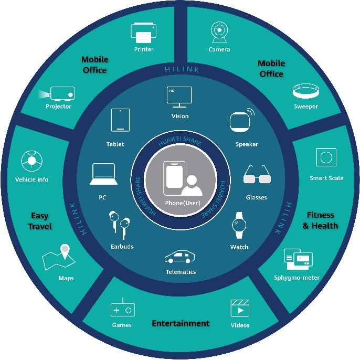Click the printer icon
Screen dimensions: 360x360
click(x=143, y=33)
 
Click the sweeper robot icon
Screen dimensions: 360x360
click(x=305, y=92)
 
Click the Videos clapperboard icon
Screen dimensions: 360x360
click(x=240, y=308)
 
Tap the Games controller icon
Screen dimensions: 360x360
click(x=122, y=310)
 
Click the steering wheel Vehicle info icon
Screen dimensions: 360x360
click(x=31, y=160)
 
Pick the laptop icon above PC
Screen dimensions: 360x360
click(x=103, y=175)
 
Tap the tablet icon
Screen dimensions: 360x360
click(x=120, y=121)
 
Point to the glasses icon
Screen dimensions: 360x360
click(x=257, y=175)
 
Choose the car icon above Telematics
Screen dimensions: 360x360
click(x=180, y=257)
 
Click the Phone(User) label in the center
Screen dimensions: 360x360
click(x=179, y=203)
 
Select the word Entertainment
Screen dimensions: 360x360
click(x=181, y=323)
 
